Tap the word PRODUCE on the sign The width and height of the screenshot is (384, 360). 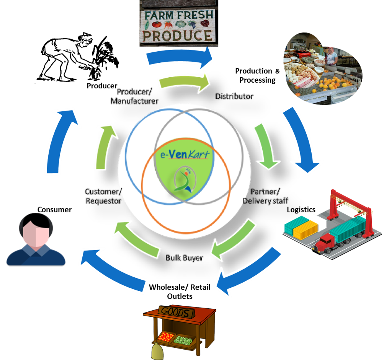coord(177,36)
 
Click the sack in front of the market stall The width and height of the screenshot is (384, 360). coord(157,352)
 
